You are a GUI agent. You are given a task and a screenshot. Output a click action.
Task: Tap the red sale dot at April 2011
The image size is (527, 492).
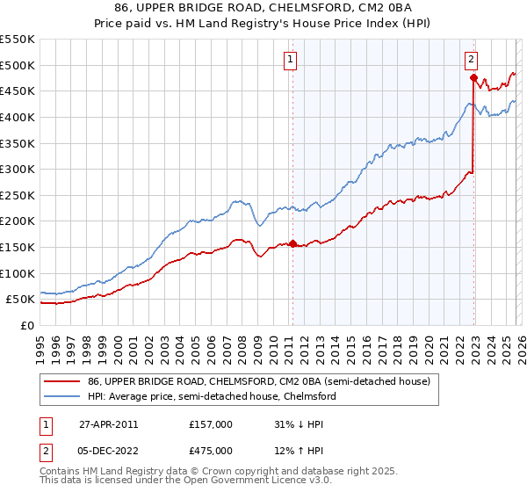(x=292, y=243)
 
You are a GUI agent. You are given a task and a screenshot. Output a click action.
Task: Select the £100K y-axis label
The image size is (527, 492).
(x=18, y=273)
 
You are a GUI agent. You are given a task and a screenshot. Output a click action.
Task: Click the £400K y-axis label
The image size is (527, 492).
(x=18, y=117)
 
